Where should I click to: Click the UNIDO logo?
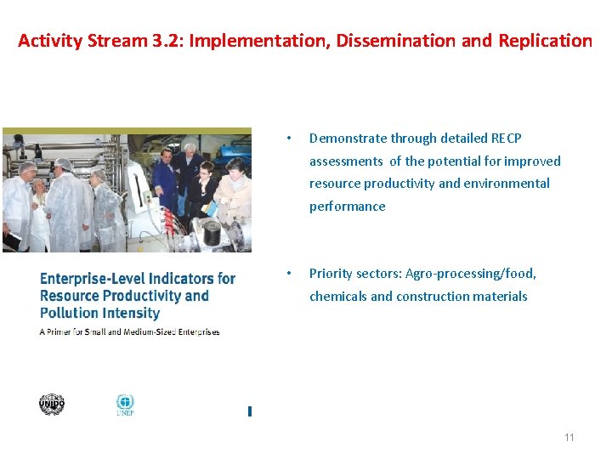[x=52, y=405]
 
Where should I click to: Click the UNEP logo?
[x=125, y=405]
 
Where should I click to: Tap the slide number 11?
[x=569, y=438]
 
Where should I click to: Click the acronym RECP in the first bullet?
[x=507, y=138]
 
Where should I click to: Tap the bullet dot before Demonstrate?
[x=290, y=139]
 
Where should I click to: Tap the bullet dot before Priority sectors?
[x=290, y=274]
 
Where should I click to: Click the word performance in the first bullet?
[x=347, y=206]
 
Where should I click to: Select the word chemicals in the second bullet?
[x=337, y=297]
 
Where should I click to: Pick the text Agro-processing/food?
[x=471, y=274]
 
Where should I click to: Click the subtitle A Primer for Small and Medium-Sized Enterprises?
[x=129, y=331]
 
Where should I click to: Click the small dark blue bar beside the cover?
[x=249, y=411]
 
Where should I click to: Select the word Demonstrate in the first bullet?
[x=348, y=138]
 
